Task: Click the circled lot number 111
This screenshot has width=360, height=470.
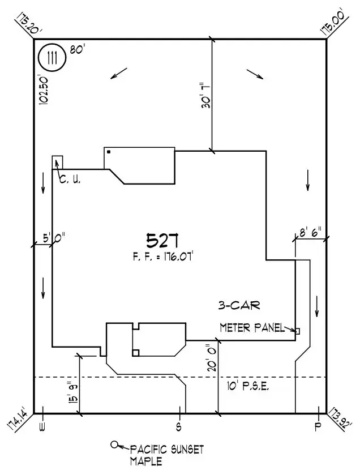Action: [52, 59]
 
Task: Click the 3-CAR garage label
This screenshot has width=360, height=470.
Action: [239, 306]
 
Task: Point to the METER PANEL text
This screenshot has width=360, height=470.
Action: [252, 327]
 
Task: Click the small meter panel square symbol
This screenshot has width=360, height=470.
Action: [297, 330]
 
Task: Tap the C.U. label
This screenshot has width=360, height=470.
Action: [70, 180]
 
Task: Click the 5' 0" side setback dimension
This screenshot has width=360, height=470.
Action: [53, 238]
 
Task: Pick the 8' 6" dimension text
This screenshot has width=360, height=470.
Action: [310, 232]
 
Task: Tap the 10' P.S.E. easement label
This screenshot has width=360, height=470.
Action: [247, 387]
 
